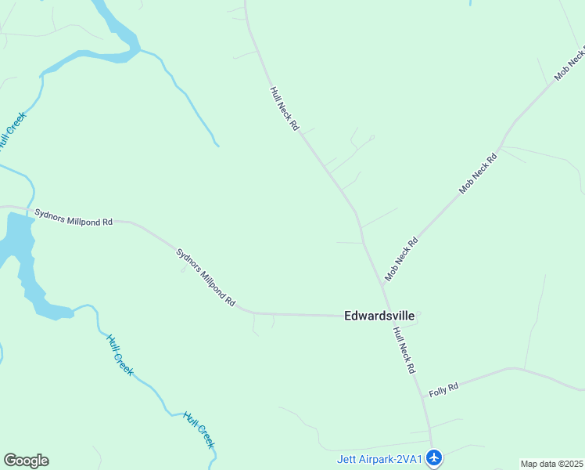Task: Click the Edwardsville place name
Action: tap(379, 316)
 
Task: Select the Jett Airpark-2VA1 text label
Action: tap(380, 460)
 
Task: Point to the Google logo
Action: tap(26, 461)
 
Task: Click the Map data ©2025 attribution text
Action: tap(552, 464)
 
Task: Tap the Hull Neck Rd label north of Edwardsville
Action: tap(285, 108)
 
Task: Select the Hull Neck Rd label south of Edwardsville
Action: tap(404, 350)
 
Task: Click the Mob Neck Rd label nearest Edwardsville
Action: tap(402, 259)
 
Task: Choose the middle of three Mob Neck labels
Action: tap(478, 173)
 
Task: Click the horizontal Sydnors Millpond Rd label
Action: tap(74, 217)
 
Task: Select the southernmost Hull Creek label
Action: tap(199, 430)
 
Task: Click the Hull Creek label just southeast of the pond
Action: tap(120, 354)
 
